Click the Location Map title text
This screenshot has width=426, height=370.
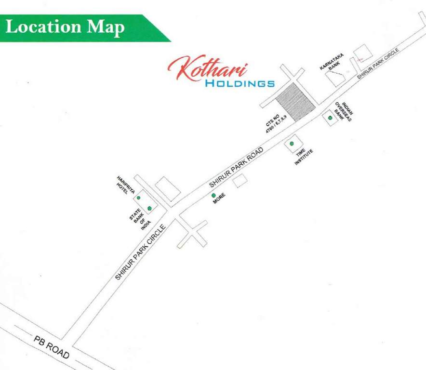click(65, 27)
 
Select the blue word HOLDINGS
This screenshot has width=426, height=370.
click(240, 84)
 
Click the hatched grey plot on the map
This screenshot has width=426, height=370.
click(295, 101)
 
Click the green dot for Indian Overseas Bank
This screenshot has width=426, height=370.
click(330, 118)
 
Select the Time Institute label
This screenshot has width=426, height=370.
click(304, 158)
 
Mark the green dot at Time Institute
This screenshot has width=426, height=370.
click(292, 144)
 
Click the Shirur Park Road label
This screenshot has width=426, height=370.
click(236, 167)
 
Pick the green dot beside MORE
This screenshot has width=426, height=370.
click(213, 195)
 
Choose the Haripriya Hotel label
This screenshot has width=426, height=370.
click(123, 185)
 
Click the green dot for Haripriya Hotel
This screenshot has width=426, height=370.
click(138, 198)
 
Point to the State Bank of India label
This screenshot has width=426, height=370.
click(140, 220)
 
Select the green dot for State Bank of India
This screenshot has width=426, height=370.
click(149, 208)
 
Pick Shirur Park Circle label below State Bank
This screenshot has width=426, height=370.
click(140, 252)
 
